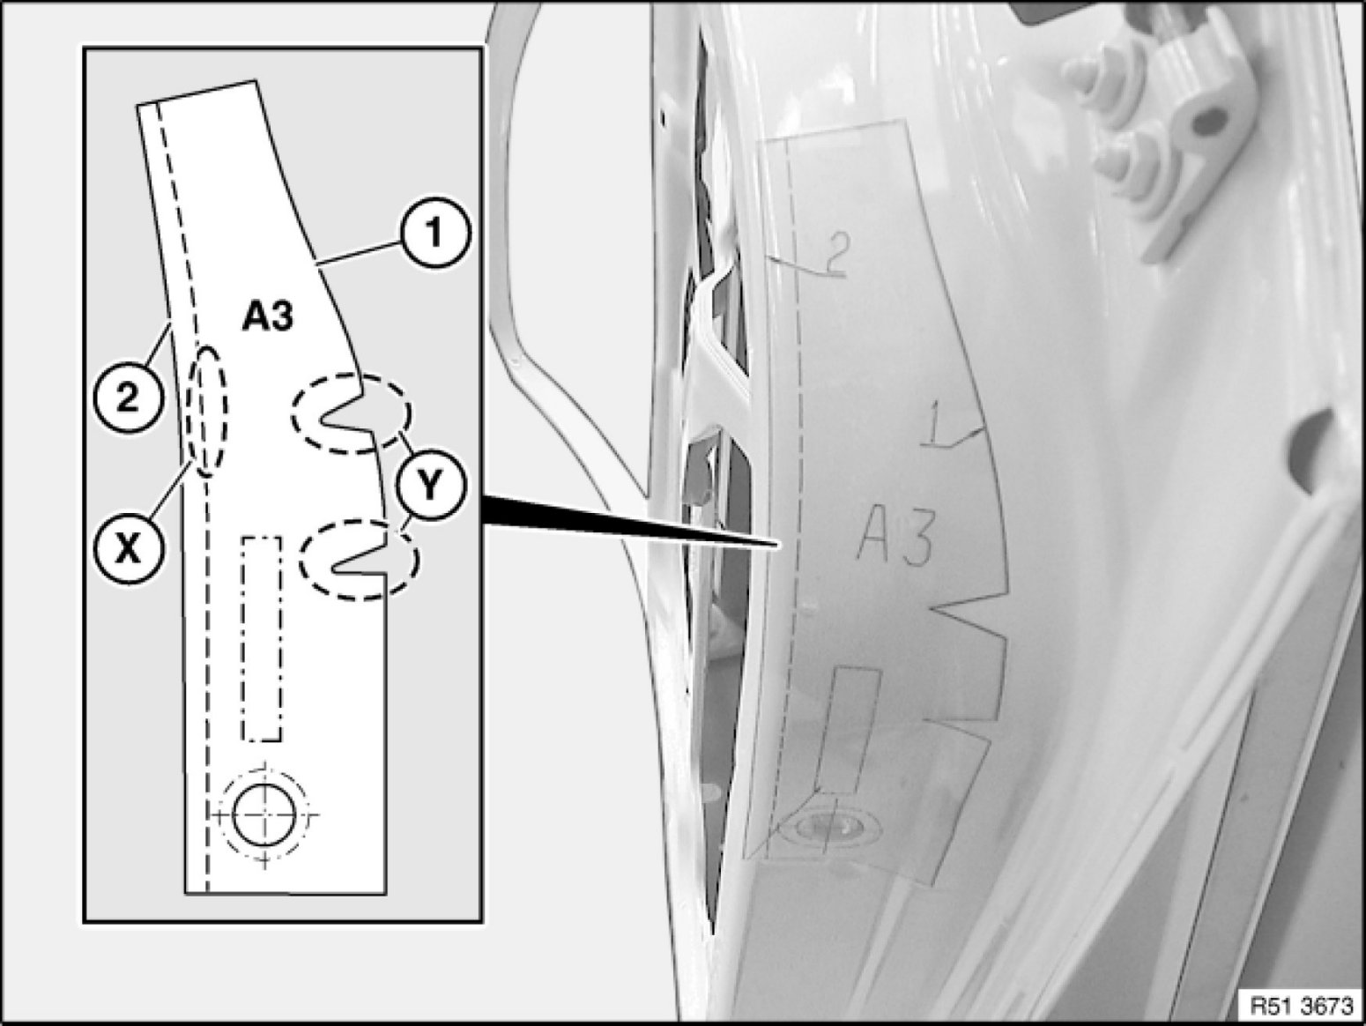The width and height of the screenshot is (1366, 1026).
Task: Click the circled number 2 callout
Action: pyautogui.click(x=129, y=399)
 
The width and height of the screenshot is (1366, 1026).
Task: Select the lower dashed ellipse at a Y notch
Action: pyautogui.click(x=359, y=561)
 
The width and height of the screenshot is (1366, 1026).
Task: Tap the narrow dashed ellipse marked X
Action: pyautogui.click(x=210, y=411)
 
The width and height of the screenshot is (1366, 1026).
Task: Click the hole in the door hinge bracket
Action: pyautogui.click(x=1212, y=115)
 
